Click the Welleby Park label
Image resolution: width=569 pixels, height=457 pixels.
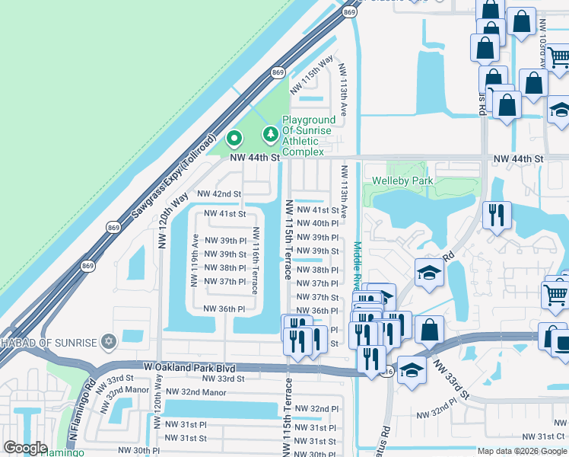[x=402, y=181]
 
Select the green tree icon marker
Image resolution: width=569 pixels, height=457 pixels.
[x=269, y=135]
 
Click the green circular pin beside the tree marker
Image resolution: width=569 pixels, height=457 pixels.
[x=234, y=139]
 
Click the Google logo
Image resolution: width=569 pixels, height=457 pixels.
[x=25, y=448]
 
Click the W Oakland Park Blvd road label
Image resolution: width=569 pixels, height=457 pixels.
[x=189, y=367]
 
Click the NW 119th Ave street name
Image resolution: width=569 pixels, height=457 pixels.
[x=195, y=259]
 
